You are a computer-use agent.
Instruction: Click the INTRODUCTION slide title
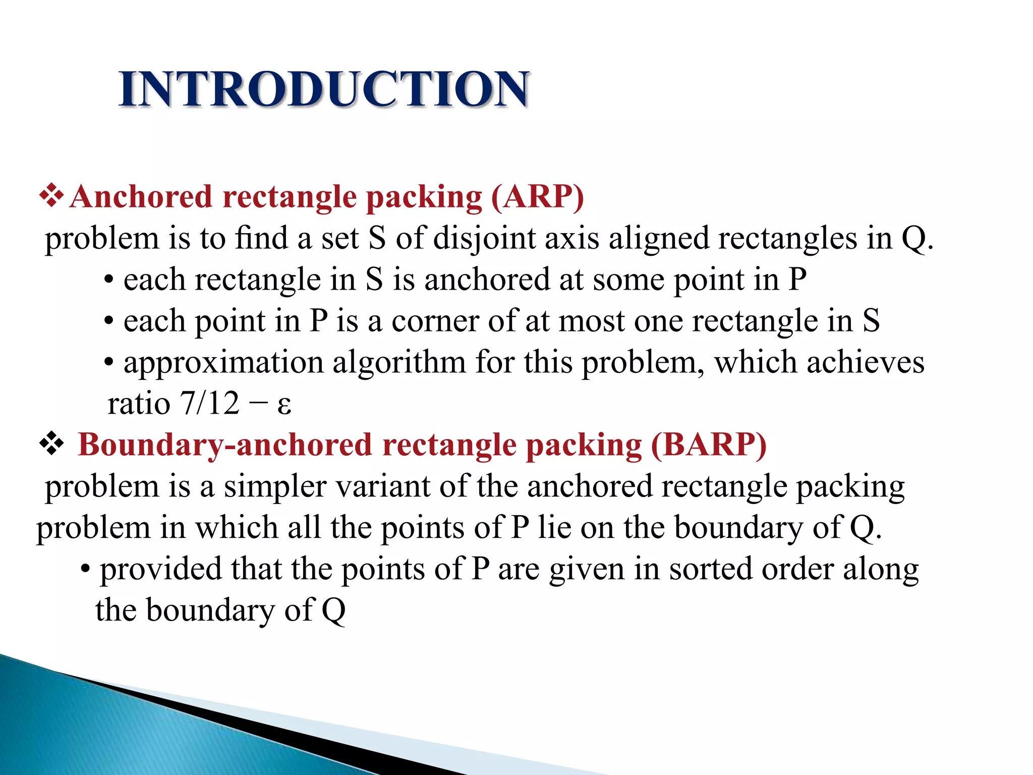point(324,89)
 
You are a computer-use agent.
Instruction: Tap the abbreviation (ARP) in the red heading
point(538,197)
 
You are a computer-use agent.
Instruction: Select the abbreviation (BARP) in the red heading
point(709,445)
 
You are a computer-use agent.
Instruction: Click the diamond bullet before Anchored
point(51,196)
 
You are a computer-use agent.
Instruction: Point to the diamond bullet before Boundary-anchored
point(51,445)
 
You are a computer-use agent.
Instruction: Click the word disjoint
point(484,238)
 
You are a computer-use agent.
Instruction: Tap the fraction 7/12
point(209,404)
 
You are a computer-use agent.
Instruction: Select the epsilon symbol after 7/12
point(284,405)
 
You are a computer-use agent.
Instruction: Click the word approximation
point(223,363)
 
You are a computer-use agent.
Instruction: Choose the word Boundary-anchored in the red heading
point(225,445)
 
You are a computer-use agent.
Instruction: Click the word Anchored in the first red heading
point(141,197)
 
